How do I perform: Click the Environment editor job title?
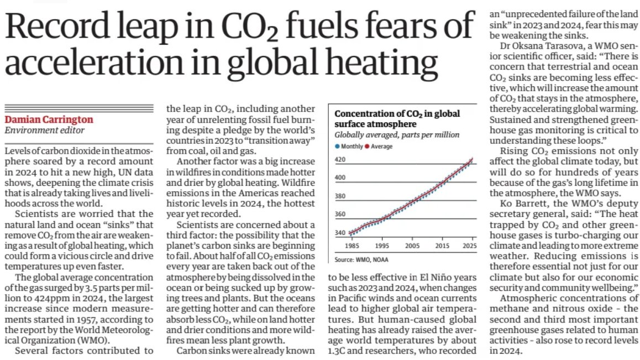click(45, 131)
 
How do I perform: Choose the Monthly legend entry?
click(350, 146)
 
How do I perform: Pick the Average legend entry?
click(381, 146)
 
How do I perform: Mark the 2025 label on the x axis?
click(470, 245)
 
